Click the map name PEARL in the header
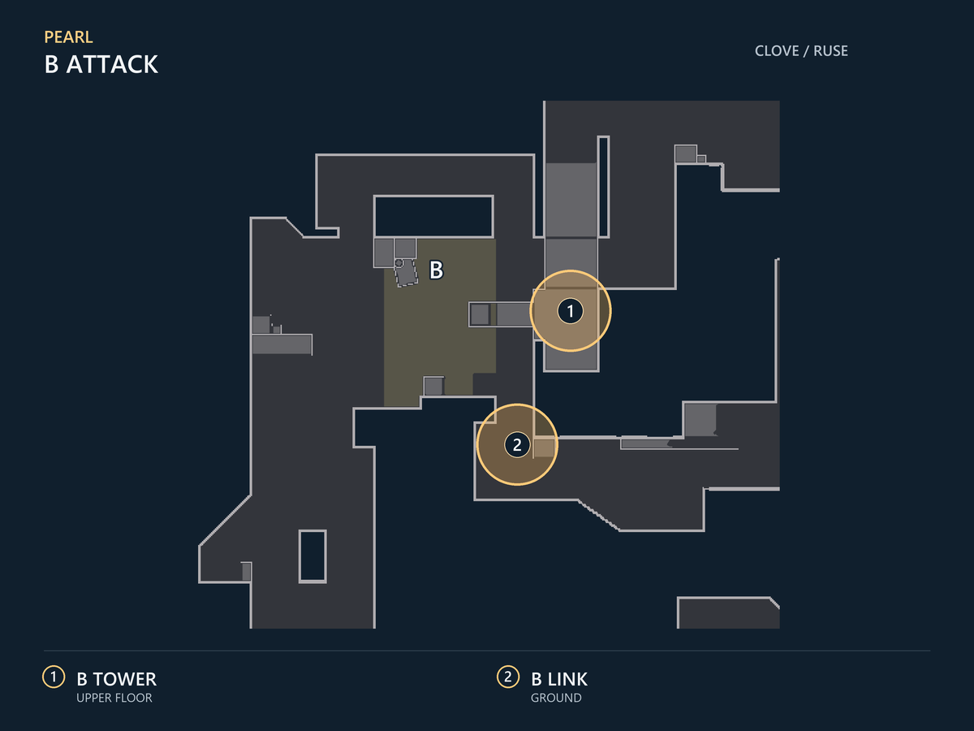68,37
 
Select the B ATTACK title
101,64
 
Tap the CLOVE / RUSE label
801,51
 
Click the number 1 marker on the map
571,311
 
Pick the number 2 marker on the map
517,444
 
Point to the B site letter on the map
436,270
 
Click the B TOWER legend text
116,679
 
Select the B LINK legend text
559,679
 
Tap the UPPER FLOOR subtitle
114,699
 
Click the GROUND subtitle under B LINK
556,699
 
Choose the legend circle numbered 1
54,677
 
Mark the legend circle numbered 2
508,677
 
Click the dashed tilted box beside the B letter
406,273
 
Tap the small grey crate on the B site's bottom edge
433,386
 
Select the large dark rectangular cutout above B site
433,216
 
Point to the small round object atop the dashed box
399,263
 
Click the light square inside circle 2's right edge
544,448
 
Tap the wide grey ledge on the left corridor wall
282,344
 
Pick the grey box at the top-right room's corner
686,154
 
